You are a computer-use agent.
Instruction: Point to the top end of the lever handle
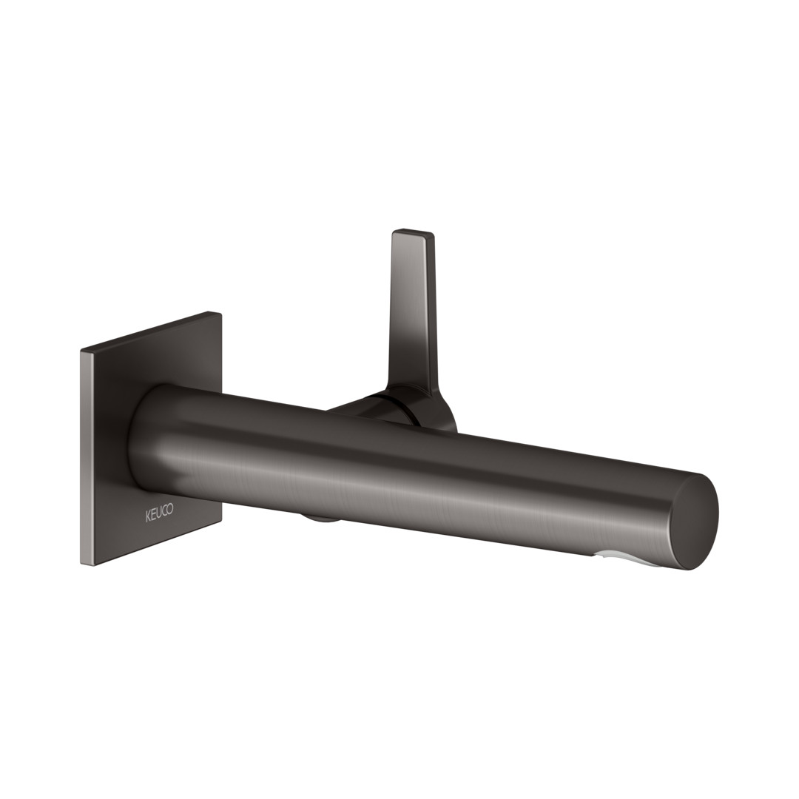click(412, 232)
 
